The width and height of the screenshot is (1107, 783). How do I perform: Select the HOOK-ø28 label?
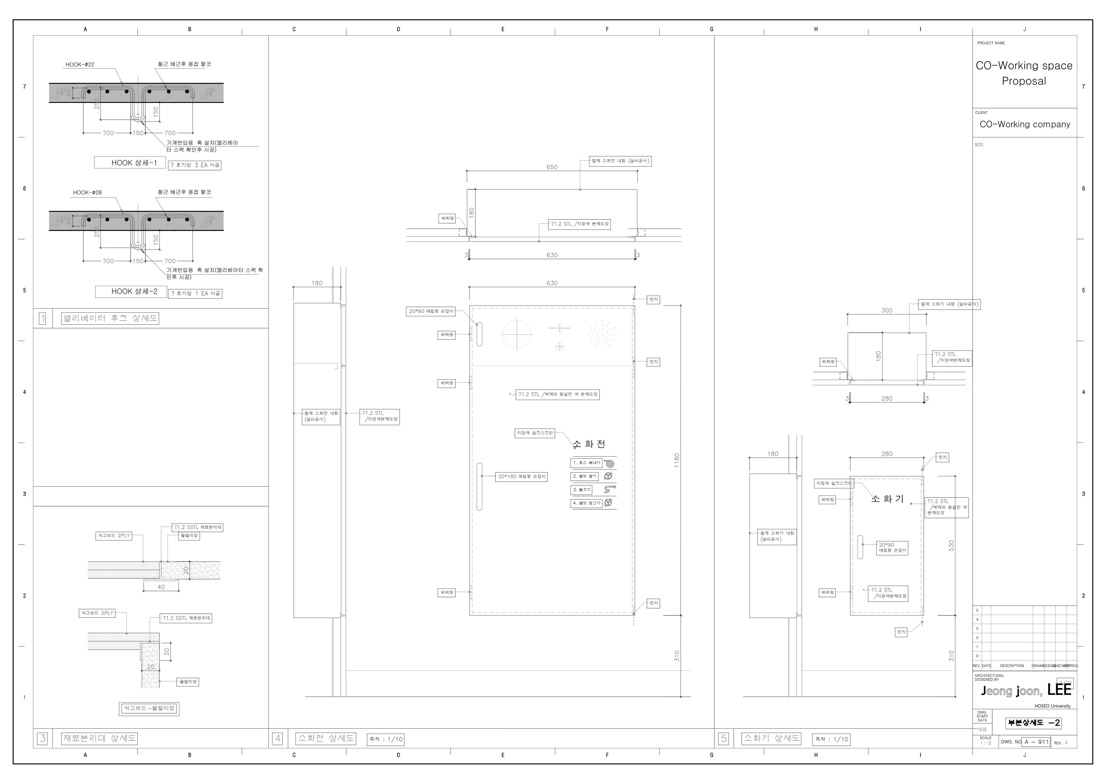pyautogui.click(x=87, y=192)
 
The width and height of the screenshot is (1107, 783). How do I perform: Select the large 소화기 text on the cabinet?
pyautogui.click(x=887, y=499)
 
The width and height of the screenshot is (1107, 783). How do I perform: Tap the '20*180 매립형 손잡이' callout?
pyautogui.click(x=522, y=477)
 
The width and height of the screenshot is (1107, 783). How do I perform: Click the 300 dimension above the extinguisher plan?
pyautogui.click(x=887, y=310)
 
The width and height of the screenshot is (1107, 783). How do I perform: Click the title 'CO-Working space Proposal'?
pyautogui.click(x=1024, y=73)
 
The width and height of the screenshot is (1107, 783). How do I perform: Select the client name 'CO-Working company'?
pyautogui.click(x=1025, y=124)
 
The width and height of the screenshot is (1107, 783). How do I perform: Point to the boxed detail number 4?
pyautogui.click(x=278, y=738)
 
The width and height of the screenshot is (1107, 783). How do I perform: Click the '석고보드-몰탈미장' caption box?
pyautogui.click(x=149, y=708)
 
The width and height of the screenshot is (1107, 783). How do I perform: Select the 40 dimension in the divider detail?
pyautogui.click(x=161, y=587)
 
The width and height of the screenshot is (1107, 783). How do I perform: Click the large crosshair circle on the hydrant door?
pyautogui.click(x=517, y=334)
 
